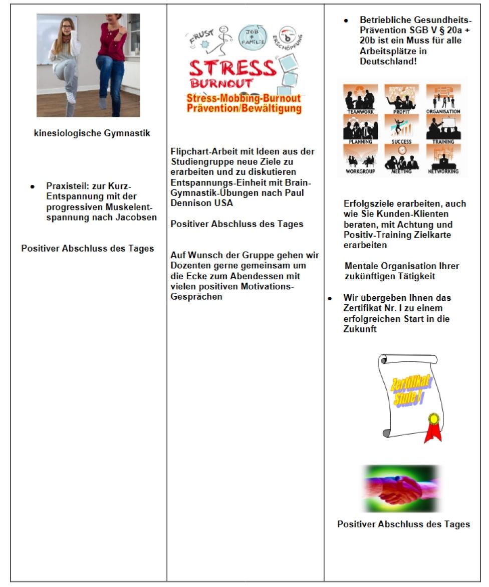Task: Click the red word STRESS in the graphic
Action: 233,69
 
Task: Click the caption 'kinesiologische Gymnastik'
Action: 92,133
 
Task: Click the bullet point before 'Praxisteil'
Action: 33,186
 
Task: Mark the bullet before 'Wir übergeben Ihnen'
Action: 330,298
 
